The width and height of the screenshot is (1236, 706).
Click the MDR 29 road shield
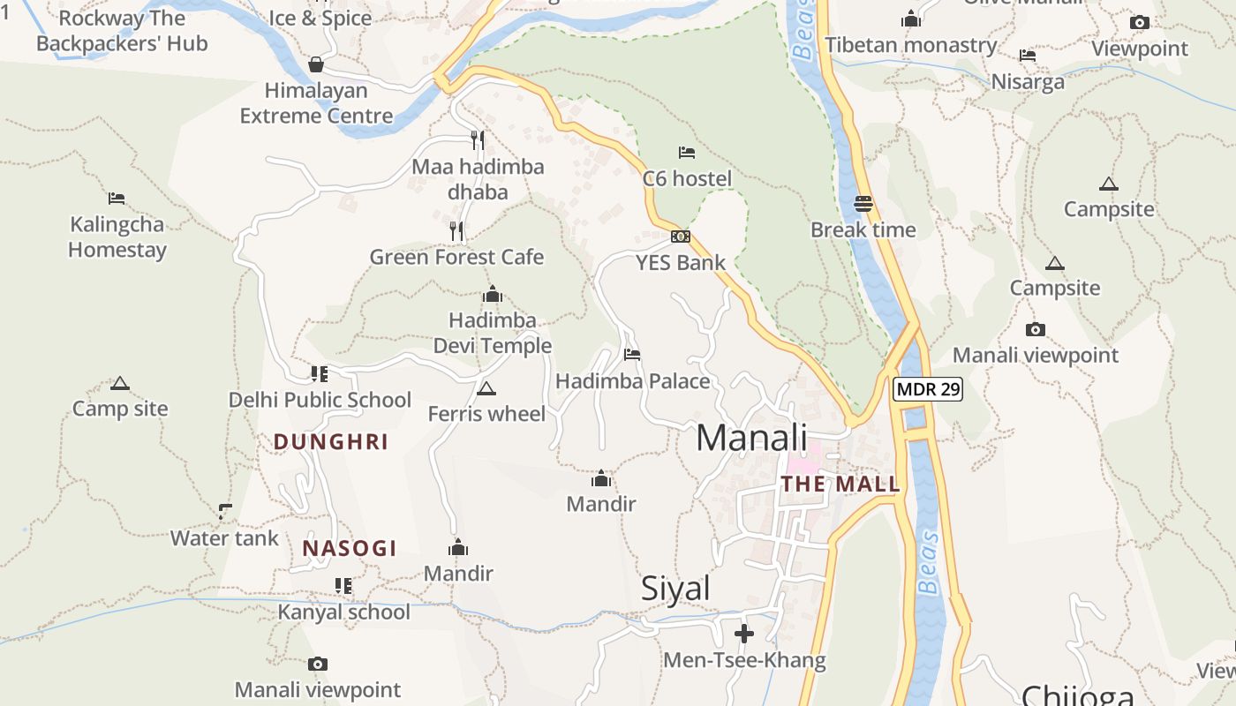tap(927, 389)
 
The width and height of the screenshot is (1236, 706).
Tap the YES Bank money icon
tap(680, 237)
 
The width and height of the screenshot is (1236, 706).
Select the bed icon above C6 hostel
tap(686, 153)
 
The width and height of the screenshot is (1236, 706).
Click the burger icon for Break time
tap(863, 205)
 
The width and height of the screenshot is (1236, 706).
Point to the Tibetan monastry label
tap(910, 45)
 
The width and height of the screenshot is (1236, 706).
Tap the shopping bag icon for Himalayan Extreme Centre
tap(316, 64)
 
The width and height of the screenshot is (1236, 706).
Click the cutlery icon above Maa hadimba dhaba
tap(478, 140)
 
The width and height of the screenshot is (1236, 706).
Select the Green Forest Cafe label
tap(456, 258)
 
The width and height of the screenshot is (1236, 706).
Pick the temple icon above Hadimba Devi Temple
tap(493, 294)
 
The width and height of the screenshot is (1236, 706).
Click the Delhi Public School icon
tap(320, 374)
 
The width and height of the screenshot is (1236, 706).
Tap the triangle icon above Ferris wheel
tap(486, 388)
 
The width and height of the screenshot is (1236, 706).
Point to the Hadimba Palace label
tap(632, 381)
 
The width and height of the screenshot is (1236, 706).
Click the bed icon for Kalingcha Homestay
tap(117, 199)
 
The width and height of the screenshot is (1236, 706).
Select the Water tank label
tap(224, 537)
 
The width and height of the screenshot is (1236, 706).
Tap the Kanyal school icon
tap(343, 585)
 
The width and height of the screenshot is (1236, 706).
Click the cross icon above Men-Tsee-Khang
tap(744, 634)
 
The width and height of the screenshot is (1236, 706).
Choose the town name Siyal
tap(675, 589)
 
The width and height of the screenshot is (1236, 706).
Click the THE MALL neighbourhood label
tap(840, 484)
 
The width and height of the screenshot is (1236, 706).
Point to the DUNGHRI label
tap(331, 442)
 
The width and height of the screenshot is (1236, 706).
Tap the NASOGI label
tap(350, 548)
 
